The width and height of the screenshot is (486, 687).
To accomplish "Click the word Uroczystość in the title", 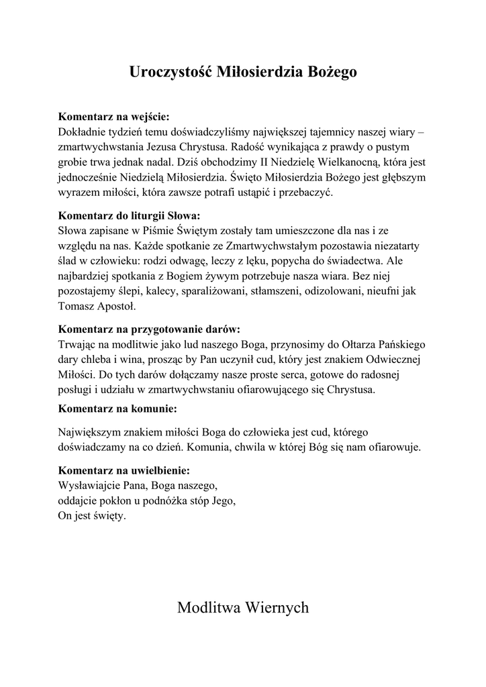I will pyautogui.click(x=171, y=72).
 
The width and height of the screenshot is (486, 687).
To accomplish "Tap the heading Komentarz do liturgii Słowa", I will pyautogui.click(x=130, y=216).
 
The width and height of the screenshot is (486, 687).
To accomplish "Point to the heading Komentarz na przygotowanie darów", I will pyautogui.click(x=149, y=329).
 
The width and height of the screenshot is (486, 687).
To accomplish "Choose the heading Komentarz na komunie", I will pyautogui.click(x=118, y=408).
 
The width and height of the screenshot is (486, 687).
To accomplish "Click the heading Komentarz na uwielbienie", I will pyautogui.click(x=124, y=470).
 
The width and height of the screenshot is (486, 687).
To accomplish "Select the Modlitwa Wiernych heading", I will pyautogui.click(x=243, y=608).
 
